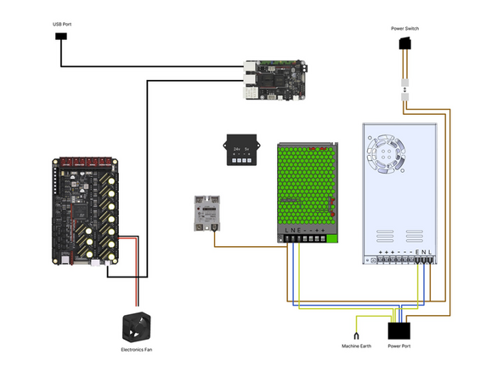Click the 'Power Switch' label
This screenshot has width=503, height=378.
coord(404,28)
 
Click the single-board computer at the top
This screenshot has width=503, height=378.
coord(274,78)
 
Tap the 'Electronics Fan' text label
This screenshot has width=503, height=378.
coord(136,349)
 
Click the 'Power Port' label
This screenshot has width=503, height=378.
coord(399,346)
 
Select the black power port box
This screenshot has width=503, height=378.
coord(399,329)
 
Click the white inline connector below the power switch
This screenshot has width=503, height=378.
coord(405,89)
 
